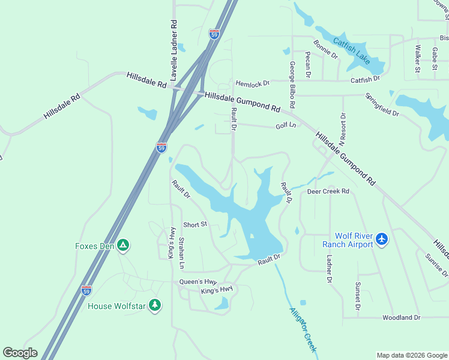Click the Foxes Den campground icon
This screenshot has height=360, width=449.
[123, 245]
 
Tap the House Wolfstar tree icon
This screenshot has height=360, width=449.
[155, 305]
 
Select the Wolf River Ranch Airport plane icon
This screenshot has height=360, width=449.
[382, 240]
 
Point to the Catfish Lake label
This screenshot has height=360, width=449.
[352, 50]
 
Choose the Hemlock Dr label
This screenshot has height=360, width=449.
[253, 83]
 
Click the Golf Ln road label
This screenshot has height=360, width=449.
[286, 126]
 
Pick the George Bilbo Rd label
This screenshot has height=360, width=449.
[292, 83]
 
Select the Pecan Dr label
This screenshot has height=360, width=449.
[307, 65]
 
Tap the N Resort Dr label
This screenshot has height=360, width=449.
[342, 130]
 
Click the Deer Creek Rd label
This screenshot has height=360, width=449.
[328, 192]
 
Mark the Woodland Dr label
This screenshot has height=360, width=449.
[402, 317]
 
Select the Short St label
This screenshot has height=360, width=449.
[195, 224]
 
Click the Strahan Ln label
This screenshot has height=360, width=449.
[181, 253]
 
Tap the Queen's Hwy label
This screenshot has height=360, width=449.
[197, 281]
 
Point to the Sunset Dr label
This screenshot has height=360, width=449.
[358, 296]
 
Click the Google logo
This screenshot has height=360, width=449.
[20, 353]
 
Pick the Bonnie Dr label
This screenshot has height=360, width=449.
[326, 49]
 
